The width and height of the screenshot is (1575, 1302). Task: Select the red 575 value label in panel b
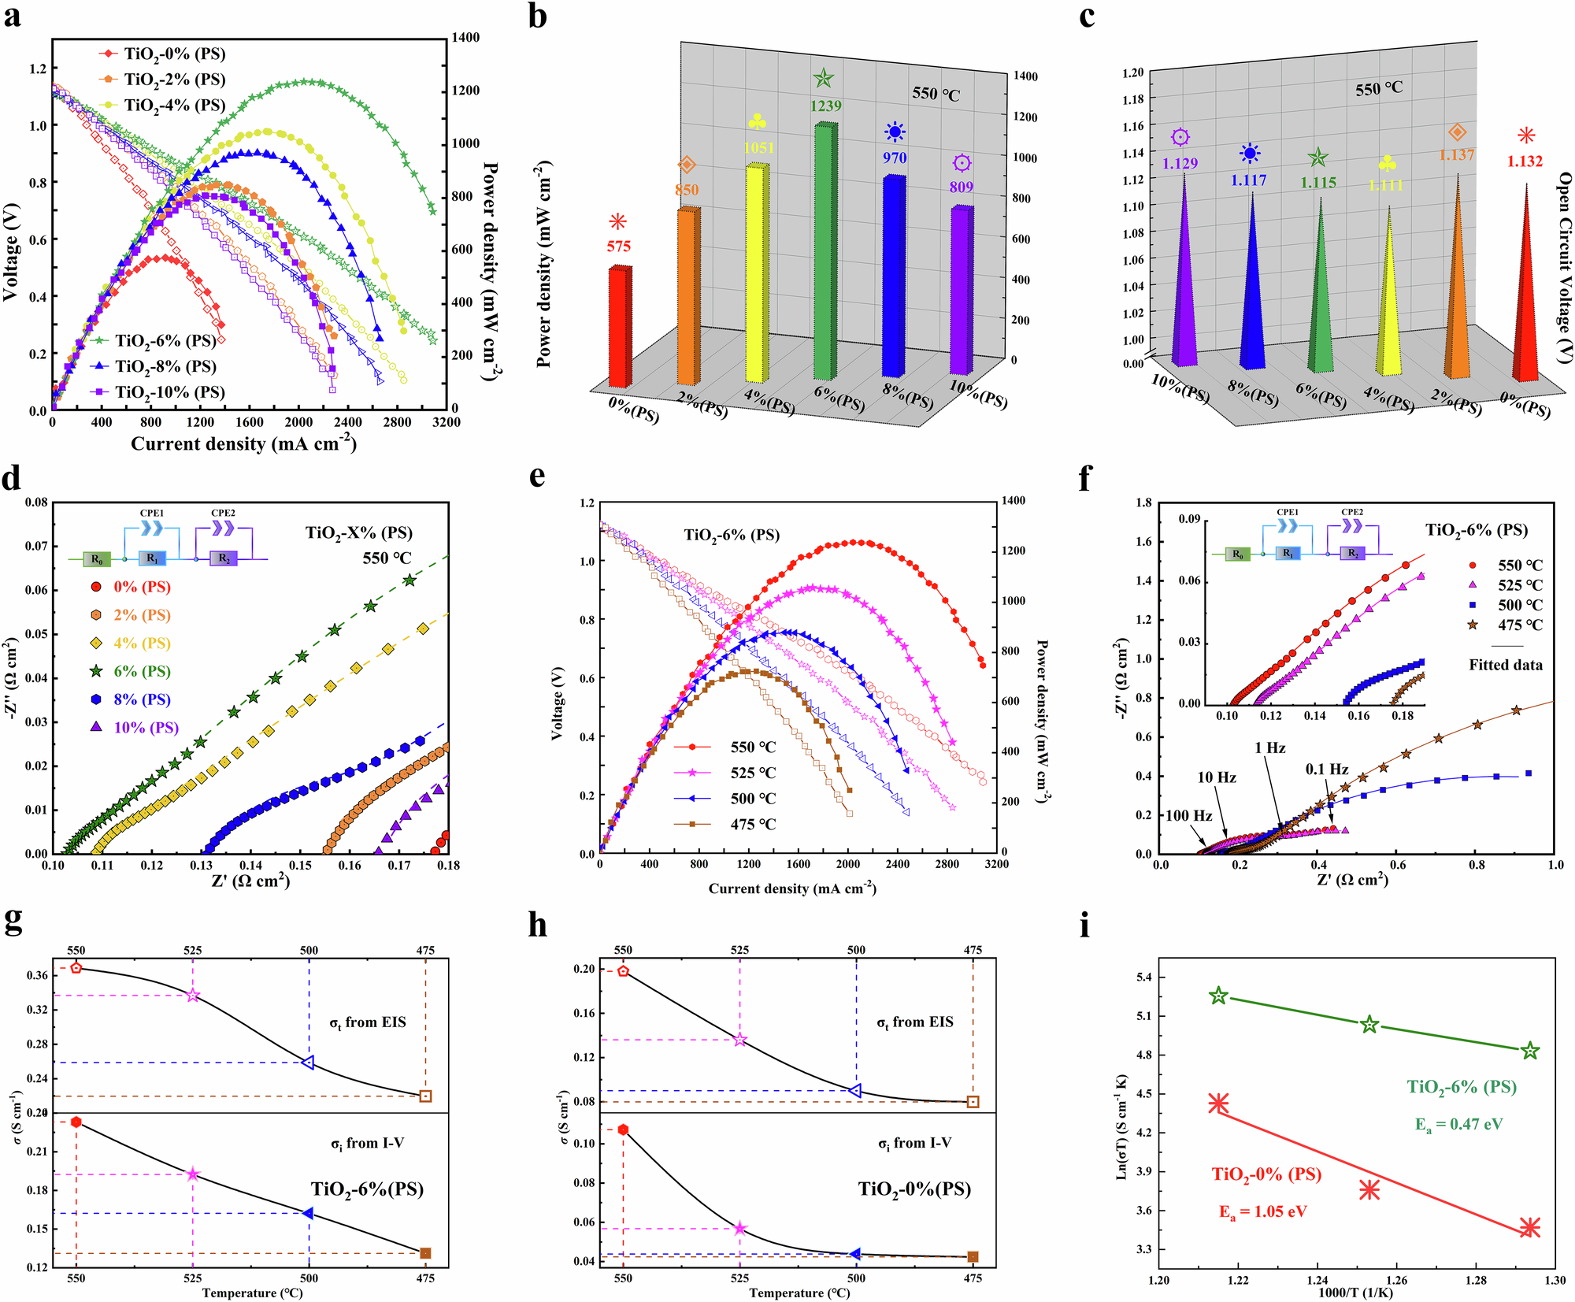coord(618,247)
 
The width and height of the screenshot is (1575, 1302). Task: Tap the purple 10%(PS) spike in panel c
coord(1184,276)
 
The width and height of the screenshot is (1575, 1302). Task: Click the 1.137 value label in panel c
coord(1456,155)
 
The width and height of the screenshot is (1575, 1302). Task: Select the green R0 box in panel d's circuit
coord(97,559)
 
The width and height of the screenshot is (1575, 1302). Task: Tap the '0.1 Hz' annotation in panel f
coord(1327,770)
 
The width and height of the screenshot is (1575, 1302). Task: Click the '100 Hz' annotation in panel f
coord(1188,816)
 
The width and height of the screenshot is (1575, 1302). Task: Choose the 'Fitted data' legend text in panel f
coord(1505,665)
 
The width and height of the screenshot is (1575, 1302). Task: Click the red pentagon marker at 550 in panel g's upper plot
coord(76,967)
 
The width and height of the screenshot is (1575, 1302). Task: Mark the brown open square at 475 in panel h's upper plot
coord(973,1102)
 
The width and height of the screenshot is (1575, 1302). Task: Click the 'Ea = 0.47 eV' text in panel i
coord(1458,1125)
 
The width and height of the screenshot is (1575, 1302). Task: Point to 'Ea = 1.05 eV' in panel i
coord(1263,1212)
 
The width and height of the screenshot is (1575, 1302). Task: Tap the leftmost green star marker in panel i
coord(1218,996)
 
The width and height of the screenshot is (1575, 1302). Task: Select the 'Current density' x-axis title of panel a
coord(243,444)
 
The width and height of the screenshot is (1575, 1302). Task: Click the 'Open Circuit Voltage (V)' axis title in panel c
coord(1565,268)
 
